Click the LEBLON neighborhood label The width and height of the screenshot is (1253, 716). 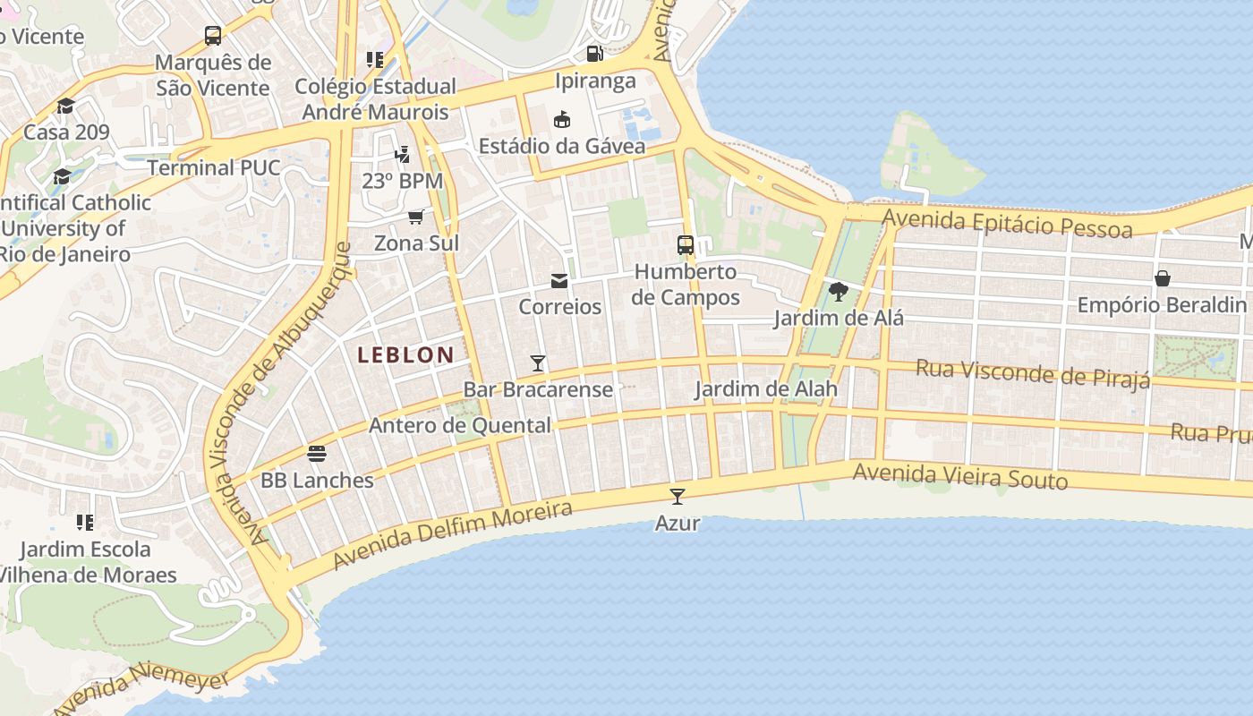(x=405, y=354)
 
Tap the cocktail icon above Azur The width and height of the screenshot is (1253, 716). (x=678, y=496)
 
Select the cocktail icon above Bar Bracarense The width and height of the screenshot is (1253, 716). (x=538, y=362)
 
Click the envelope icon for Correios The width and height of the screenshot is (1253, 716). (x=559, y=281)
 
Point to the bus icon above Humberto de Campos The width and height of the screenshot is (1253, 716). (x=686, y=244)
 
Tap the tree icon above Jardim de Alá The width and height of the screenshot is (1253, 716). (x=839, y=291)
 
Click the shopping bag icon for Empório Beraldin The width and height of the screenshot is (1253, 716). (x=1162, y=278)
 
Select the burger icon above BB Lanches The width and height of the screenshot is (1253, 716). (x=316, y=454)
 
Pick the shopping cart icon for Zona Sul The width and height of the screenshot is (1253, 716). (x=415, y=217)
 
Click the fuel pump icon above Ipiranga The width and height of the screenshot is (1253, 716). (x=594, y=54)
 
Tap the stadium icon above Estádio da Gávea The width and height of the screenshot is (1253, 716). (x=562, y=119)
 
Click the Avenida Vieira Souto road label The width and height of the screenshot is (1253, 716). (x=960, y=476)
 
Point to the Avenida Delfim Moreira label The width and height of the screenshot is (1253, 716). (x=452, y=534)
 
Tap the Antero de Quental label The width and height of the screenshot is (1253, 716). (x=460, y=425)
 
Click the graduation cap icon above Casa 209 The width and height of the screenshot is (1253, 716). (x=65, y=107)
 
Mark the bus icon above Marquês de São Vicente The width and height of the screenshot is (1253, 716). (x=213, y=36)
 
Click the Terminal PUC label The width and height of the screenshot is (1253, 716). (x=214, y=167)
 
